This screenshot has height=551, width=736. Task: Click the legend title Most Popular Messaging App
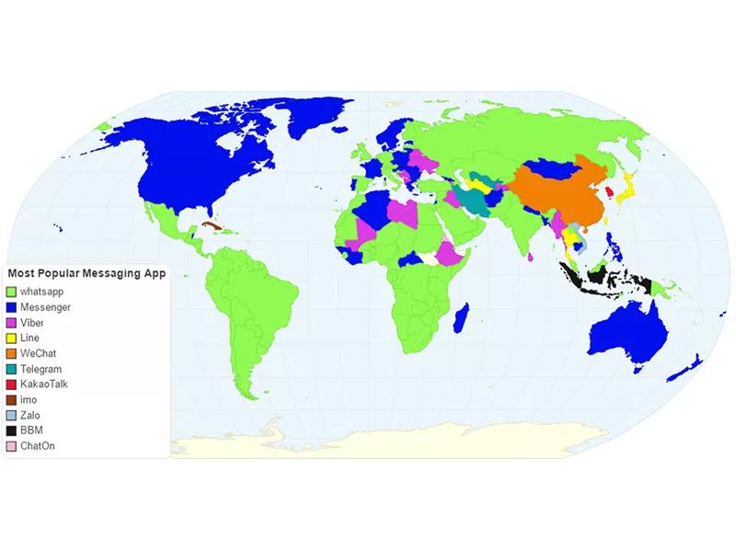(86, 273)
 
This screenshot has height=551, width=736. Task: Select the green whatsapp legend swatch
(12, 291)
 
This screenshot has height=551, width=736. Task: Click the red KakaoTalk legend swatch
(12, 385)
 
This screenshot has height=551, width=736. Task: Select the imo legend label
(28, 400)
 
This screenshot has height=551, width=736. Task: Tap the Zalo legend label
(30, 416)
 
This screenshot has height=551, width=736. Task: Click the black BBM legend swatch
(12, 431)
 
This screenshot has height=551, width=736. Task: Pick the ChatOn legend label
(37, 447)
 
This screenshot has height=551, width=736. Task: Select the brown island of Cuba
(213, 225)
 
